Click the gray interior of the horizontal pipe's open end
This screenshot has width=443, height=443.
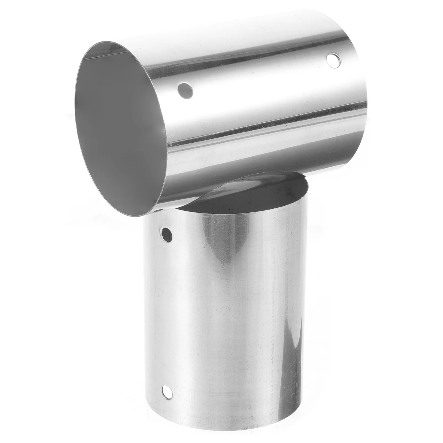(x=116, y=125)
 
